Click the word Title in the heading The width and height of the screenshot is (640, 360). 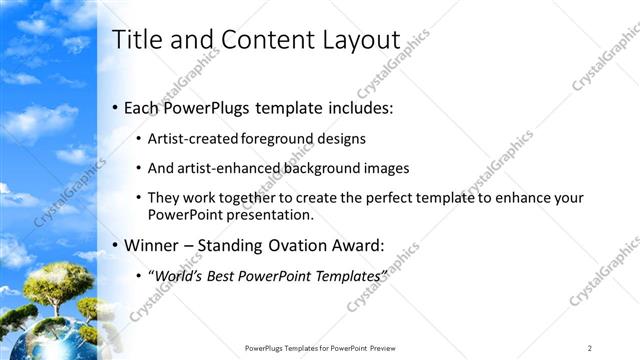click(136, 40)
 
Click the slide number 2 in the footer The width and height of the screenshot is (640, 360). click(590, 348)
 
